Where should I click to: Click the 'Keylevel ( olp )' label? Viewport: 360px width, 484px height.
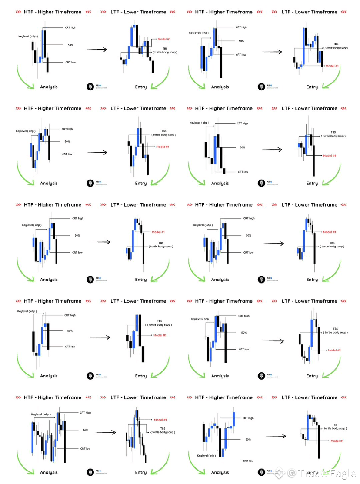pyautogui.click(x=206, y=456)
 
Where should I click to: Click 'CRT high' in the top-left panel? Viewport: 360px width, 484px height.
pyautogui.click(x=70, y=27)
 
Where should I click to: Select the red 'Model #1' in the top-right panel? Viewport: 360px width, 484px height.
pyautogui.click(x=332, y=66)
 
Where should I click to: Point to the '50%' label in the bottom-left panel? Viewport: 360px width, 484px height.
pyautogui.click(x=85, y=430)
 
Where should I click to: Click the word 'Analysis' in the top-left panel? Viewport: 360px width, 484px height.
pyautogui.click(x=49, y=87)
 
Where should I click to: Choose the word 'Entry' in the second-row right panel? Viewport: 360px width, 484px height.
pyautogui.click(x=312, y=184)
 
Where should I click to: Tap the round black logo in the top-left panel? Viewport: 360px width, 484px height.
pyautogui.click(x=90, y=87)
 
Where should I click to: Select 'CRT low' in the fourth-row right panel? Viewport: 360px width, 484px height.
pyautogui.click(x=243, y=349)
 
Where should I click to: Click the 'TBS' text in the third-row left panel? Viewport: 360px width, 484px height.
pyautogui.click(x=160, y=243)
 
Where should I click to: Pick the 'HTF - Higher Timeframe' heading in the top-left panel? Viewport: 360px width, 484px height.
pyautogui.click(x=52, y=12)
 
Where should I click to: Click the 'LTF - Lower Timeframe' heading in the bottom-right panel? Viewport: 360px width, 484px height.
pyautogui.click(x=309, y=397)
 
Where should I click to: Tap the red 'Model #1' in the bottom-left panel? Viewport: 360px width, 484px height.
pyautogui.click(x=160, y=420)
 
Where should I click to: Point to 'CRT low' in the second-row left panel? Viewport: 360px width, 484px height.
pyautogui.click(x=67, y=154)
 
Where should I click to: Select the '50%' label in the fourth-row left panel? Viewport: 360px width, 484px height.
pyautogui.click(x=70, y=331)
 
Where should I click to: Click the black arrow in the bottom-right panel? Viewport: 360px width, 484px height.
pyautogui.click(x=276, y=436)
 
